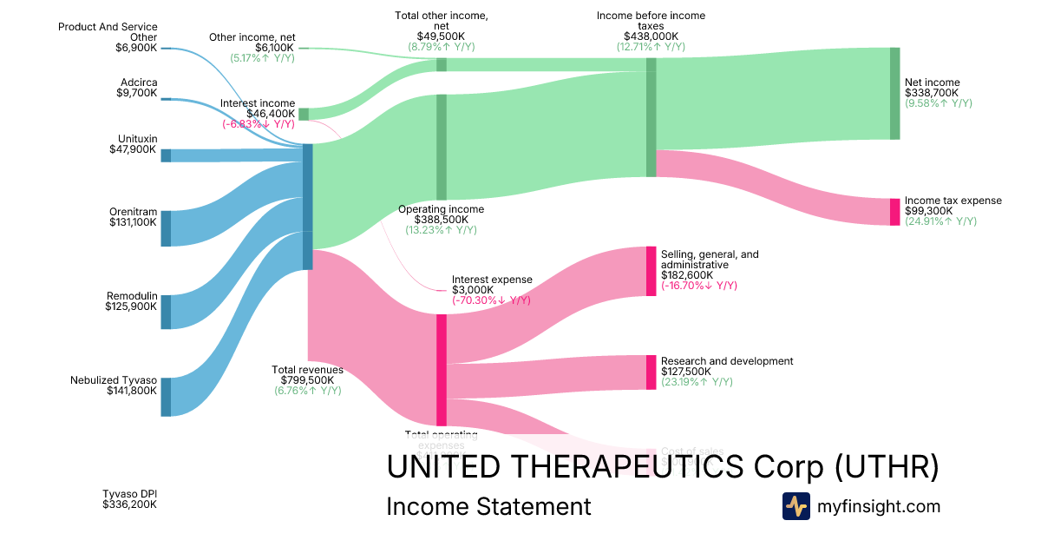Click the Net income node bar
click(895, 94)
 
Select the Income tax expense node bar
click(895, 212)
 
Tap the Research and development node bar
click(651, 372)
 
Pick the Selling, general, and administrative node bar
click(651, 272)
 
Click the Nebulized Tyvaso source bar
click(166, 397)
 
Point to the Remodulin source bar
click(166, 312)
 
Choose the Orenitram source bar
click(166, 228)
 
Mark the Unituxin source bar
click(166, 155)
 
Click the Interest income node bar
click(304, 114)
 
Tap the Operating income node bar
click(442, 148)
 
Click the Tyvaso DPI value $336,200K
click(130, 504)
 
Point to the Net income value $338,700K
click(933, 93)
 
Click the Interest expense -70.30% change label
click(491, 300)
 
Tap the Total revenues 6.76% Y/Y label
click(308, 391)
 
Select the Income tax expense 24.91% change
click(940, 221)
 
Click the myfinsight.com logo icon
click(796, 506)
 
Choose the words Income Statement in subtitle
click(488, 506)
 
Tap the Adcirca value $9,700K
click(137, 93)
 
